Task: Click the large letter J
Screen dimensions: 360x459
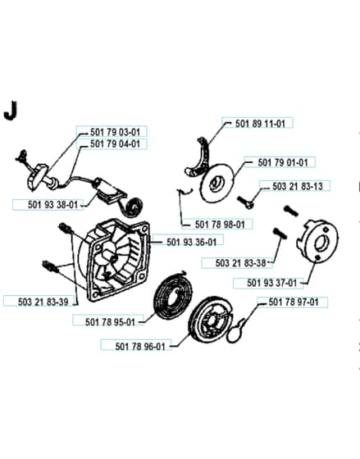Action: click(11, 111)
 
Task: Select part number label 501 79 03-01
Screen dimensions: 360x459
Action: click(115, 132)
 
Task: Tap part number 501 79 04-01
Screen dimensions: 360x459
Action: click(115, 144)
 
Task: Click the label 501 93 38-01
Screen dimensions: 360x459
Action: click(52, 205)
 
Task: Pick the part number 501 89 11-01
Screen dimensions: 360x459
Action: click(260, 124)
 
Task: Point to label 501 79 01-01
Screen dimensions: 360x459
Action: click(283, 162)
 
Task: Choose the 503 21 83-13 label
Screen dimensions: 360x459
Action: click(298, 187)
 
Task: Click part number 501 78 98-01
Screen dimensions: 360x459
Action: click(220, 225)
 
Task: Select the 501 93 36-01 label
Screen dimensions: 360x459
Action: click(192, 242)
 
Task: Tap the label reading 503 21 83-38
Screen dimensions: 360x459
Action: click(240, 263)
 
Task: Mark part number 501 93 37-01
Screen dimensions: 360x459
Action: click(271, 283)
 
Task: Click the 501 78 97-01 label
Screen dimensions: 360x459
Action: click(294, 302)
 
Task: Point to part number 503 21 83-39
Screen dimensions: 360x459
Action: click(43, 302)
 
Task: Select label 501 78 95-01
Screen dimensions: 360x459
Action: click(110, 322)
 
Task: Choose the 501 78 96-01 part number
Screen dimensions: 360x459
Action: click(140, 347)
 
